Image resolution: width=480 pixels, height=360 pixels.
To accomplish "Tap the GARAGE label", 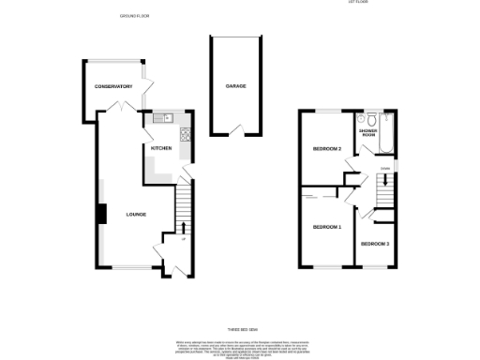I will (x=235, y=86).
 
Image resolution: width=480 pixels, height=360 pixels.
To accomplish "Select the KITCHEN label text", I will (x=159, y=147).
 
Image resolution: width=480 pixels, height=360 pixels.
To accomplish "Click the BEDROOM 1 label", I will (x=326, y=227).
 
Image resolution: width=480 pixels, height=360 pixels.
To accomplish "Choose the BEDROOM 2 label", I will (x=326, y=149).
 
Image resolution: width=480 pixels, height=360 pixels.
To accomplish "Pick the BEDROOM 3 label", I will (x=375, y=244).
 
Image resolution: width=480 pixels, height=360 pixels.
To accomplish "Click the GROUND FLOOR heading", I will (x=136, y=17).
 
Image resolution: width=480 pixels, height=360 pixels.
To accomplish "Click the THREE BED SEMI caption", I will (x=240, y=330).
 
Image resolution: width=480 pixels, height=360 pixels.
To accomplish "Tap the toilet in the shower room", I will (x=372, y=119).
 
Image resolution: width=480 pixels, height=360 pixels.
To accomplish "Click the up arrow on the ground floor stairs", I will (x=182, y=228).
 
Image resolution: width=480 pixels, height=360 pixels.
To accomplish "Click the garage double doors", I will (x=235, y=129).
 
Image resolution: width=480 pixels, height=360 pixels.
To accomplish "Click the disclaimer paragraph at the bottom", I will (x=240, y=348).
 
